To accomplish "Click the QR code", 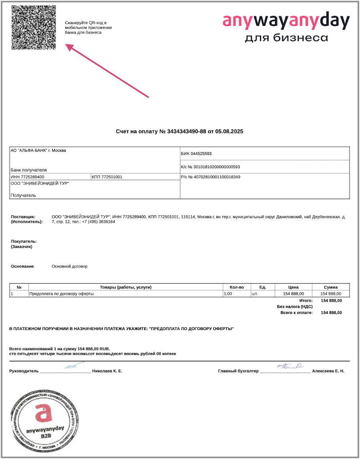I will pyautogui.click(x=33, y=27).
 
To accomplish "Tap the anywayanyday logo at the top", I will pyautogui.click(x=286, y=28).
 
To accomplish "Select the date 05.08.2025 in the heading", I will pyautogui.click(x=229, y=131).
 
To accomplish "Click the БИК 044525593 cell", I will pyautogui.click(x=196, y=153).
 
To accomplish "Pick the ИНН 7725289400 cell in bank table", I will pyautogui.click(x=28, y=177).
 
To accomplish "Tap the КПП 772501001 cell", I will pyautogui.click(x=107, y=177).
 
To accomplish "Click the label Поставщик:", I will pyautogui.click(x=24, y=217).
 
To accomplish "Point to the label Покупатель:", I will pyautogui.click(x=24, y=242).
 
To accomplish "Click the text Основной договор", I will pyautogui.click(x=69, y=266).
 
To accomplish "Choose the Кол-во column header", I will pyautogui.click(x=237, y=287).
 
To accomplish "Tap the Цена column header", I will pyautogui.click(x=293, y=287).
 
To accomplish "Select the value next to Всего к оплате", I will pyautogui.click(x=332, y=313).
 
